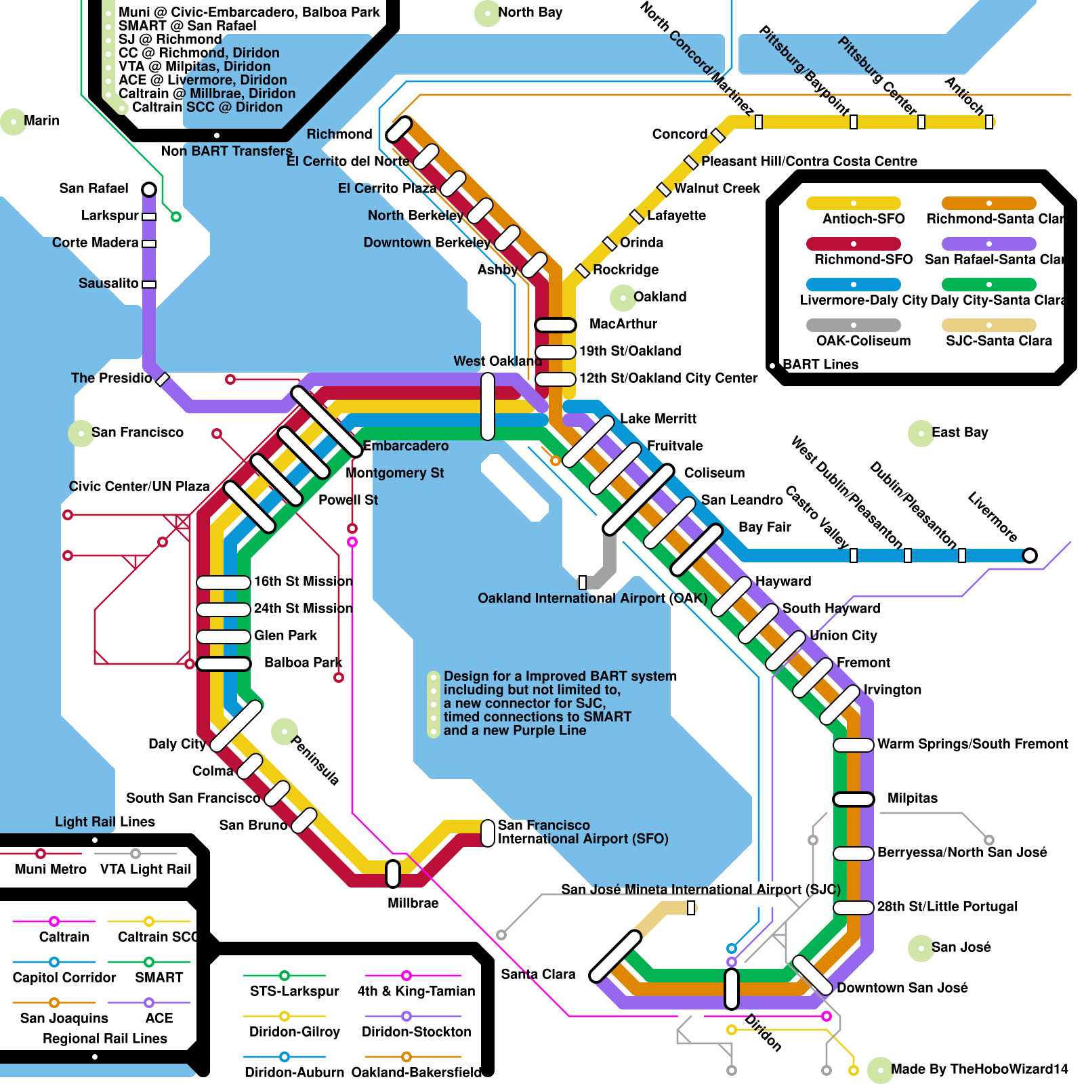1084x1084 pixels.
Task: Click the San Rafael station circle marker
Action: point(149,189)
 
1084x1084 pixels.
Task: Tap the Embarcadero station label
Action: point(406,446)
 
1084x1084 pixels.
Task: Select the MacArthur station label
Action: point(623,324)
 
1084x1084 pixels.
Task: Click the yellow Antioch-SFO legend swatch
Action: point(853,203)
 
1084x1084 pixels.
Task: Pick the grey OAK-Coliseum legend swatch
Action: point(853,325)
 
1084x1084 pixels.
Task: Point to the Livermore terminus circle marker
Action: point(1030,556)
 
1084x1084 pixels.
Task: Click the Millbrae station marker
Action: point(393,874)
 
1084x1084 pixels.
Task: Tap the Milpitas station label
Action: point(912,798)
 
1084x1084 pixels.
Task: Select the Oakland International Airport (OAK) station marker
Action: point(583,582)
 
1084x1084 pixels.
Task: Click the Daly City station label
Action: point(177,744)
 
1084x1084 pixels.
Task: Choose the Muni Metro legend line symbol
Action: point(41,854)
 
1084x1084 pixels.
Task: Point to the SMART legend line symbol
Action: point(149,962)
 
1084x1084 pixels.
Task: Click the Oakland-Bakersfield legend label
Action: point(417,1072)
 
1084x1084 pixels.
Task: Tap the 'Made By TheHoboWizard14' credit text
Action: point(979,1069)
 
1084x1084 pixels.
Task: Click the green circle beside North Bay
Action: point(487,13)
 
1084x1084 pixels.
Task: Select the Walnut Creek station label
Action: point(717,188)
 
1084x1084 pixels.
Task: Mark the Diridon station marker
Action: point(732,989)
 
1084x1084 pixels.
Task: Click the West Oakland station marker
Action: point(488,406)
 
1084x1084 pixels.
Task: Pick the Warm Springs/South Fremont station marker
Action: point(854,745)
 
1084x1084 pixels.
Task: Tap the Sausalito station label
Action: point(108,283)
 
